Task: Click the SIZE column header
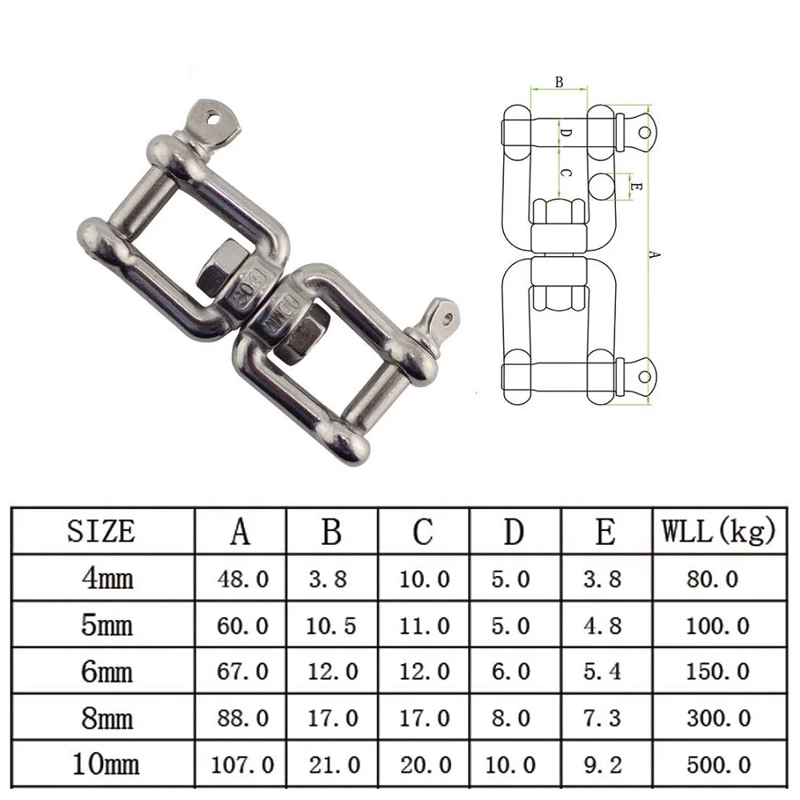(102, 530)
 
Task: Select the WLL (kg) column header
(718, 530)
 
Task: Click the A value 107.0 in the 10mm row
(242, 764)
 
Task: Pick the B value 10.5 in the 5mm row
(332, 625)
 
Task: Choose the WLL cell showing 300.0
(718, 718)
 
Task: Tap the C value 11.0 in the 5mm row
(424, 625)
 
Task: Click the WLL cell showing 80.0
(712, 578)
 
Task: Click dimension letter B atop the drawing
(559, 82)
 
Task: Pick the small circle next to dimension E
(605, 186)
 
